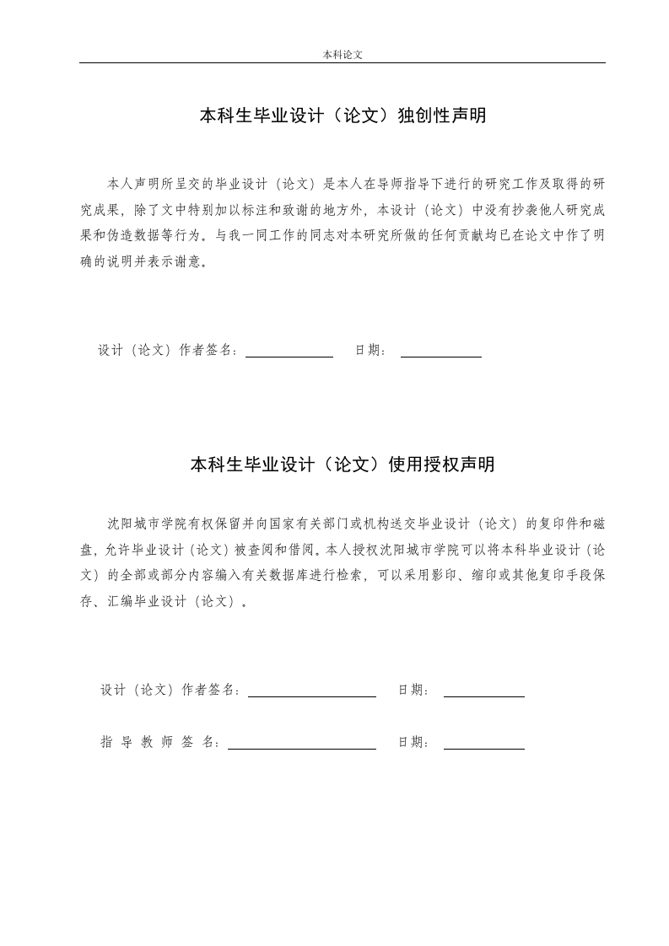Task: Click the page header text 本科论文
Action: coord(343,54)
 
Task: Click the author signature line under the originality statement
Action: coord(289,357)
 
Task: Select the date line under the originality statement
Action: coord(440,357)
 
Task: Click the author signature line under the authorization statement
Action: coord(311,696)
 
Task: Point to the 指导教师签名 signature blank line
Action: coord(301,749)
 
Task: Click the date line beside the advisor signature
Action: coord(483,749)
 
